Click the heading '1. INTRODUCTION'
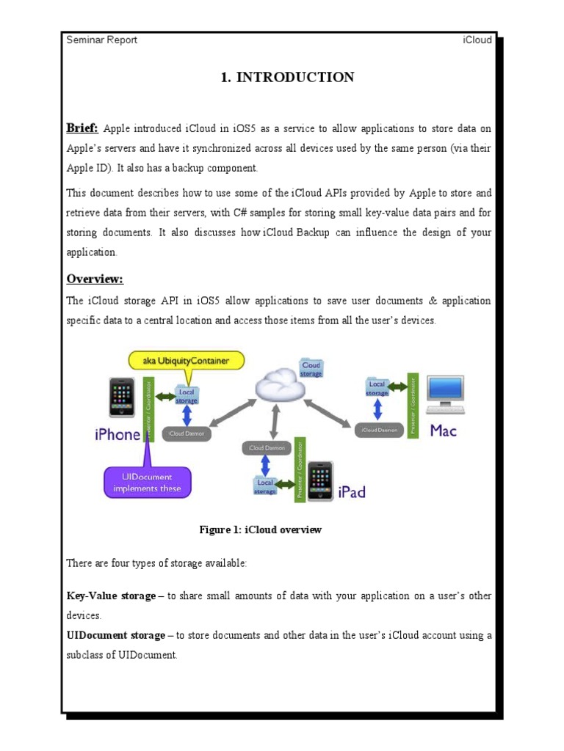287,78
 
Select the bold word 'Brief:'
82,128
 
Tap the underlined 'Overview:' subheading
95,279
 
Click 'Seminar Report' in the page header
101,40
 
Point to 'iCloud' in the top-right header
477,40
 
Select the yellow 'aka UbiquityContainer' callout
187,361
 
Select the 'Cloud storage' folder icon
311,368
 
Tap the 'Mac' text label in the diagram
443,431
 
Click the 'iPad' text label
351,492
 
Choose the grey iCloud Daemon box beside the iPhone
187,433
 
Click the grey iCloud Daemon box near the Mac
379,431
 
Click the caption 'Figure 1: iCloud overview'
260,530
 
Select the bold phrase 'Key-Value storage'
111,596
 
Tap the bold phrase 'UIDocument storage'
116,635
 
